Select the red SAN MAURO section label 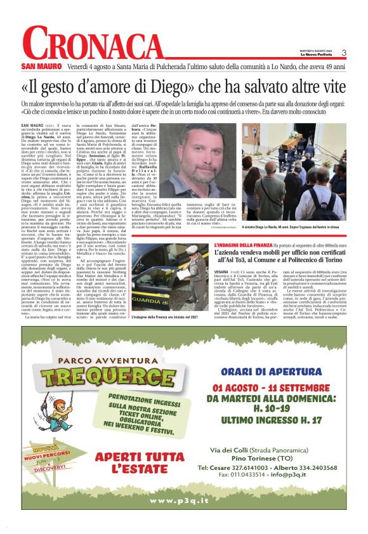click(x=40, y=66)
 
